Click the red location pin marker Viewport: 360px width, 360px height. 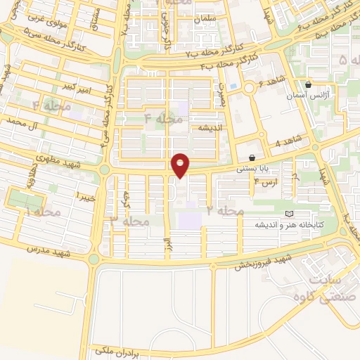[x=181, y=165]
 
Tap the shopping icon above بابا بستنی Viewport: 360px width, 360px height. [x=252, y=157]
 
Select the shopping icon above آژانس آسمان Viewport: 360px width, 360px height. [x=308, y=84]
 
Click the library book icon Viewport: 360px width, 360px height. [x=288, y=214]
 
